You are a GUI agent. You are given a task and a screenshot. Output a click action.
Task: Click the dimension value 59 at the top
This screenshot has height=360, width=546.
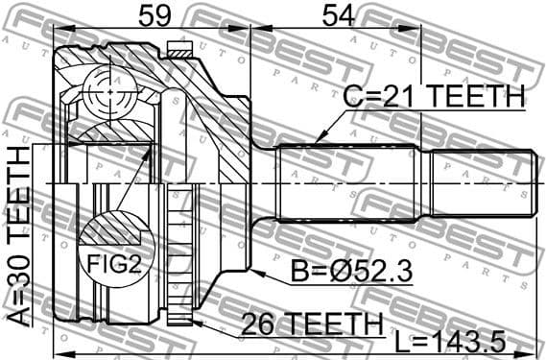point(150,15)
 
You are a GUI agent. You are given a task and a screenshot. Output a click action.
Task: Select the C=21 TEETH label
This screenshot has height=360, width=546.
point(434,97)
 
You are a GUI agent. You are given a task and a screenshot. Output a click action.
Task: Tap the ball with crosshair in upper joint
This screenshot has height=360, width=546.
point(107,94)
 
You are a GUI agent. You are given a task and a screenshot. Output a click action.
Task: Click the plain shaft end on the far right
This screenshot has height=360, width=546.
point(480,183)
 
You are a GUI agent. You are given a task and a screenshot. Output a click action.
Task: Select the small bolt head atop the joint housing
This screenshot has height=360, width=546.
point(177,47)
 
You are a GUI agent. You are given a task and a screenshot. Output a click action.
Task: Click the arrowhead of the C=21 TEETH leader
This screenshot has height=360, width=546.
point(318,144)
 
